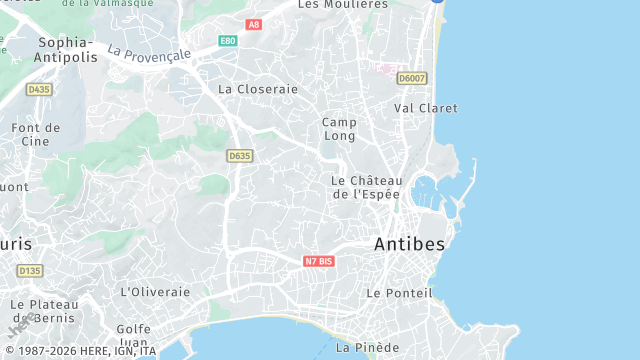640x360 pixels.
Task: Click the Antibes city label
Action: click(x=410, y=243)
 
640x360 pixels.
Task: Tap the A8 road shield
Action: click(x=253, y=24)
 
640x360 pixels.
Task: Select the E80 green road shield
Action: click(x=228, y=41)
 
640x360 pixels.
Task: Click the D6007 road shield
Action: click(x=411, y=77)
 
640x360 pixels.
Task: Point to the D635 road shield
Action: click(x=240, y=156)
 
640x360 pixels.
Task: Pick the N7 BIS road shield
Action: click(x=319, y=261)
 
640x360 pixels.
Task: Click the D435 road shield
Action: click(x=39, y=89)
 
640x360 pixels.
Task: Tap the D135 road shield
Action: click(x=30, y=271)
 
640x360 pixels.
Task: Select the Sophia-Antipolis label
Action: click(x=67, y=49)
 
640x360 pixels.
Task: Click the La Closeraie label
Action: click(x=258, y=89)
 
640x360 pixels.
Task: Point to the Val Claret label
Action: click(x=425, y=108)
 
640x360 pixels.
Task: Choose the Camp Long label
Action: click(x=339, y=129)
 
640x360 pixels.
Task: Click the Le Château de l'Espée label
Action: click(x=365, y=187)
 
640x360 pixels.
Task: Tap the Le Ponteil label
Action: click(x=399, y=293)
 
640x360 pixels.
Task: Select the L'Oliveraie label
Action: click(x=155, y=292)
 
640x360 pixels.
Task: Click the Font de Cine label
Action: click(x=36, y=134)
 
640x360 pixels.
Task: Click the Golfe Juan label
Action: click(x=133, y=335)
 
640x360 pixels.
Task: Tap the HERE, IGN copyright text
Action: click(x=79, y=351)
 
